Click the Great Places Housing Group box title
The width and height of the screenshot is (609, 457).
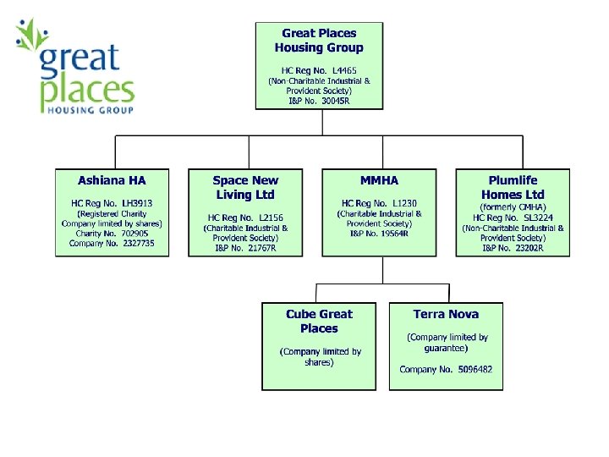(x=319, y=41)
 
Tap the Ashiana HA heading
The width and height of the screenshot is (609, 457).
(x=112, y=180)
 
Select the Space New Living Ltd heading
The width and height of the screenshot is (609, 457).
(x=245, y=187)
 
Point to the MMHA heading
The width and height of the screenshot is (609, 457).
(x=379, y=180)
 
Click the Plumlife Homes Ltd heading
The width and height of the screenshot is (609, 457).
(x=513, y=187)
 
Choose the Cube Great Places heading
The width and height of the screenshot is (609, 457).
(x=319, y=321)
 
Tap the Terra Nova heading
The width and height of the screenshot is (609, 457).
(x=446, y=314)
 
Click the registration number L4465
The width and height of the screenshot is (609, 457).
(x=343, y=69)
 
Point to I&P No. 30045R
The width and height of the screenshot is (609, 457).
(x=319, y=101)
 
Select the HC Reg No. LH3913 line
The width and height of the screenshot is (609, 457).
(x=112, y=203)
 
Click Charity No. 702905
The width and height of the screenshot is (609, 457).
(x=112, y=233)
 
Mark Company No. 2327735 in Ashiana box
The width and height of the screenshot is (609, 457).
(x=112, y=243)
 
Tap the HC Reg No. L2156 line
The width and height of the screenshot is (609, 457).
(x=245, y=217)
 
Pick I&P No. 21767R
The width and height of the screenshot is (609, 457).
(x=245, y=248)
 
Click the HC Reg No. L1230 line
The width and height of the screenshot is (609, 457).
(x=379, y=203)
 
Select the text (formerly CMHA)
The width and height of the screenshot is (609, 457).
(x=513, y=206)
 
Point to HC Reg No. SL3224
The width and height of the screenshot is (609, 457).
(x=513, y=217)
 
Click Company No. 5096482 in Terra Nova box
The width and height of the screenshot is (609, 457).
(x=446, y=369)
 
